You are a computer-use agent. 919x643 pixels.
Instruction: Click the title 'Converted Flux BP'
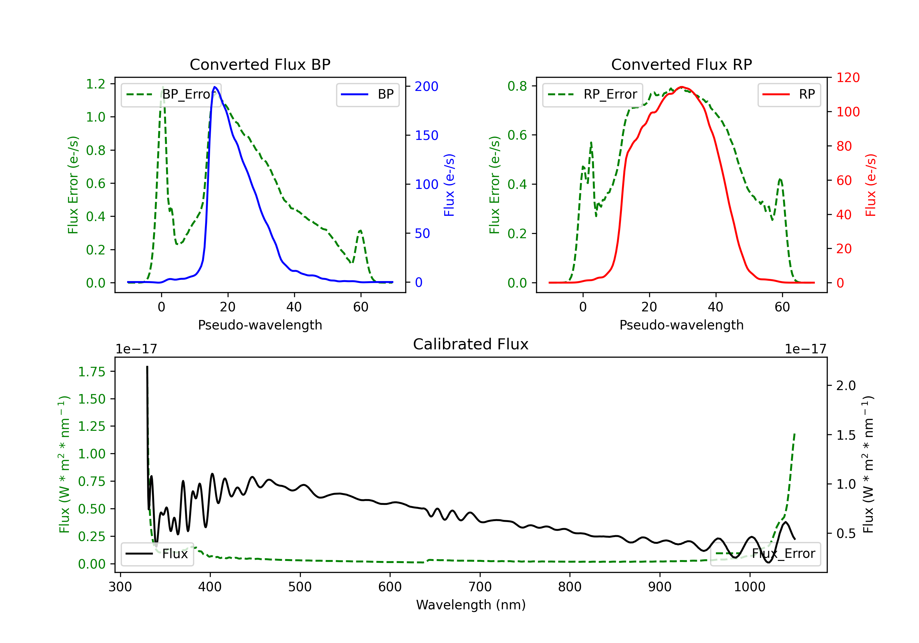pos(260,64)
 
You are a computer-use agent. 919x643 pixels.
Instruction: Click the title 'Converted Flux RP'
pos(682,64)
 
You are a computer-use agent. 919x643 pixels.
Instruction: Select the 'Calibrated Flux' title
pos(471,344)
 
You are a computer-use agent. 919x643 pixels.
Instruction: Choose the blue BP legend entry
pos(367,94)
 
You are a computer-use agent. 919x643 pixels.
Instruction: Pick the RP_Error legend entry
pos(592,94)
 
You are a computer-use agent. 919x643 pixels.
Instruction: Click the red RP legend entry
pos(789,94)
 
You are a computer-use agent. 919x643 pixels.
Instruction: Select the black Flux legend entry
pos(157,554)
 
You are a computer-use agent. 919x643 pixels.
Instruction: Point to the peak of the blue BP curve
pos(215,87)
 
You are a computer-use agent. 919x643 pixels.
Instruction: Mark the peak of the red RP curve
pos(682,87)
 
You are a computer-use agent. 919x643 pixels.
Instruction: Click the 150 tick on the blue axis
pos(427,136)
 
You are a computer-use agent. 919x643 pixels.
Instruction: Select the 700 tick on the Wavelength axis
pos(480,587)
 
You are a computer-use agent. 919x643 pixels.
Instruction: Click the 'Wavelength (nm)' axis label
pos(471,605)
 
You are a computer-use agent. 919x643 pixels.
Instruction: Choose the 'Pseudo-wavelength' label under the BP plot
pos(260,325)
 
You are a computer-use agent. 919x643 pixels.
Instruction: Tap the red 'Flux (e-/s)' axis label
pos(871,185)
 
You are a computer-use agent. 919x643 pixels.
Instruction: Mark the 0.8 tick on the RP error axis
pos(517,86)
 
